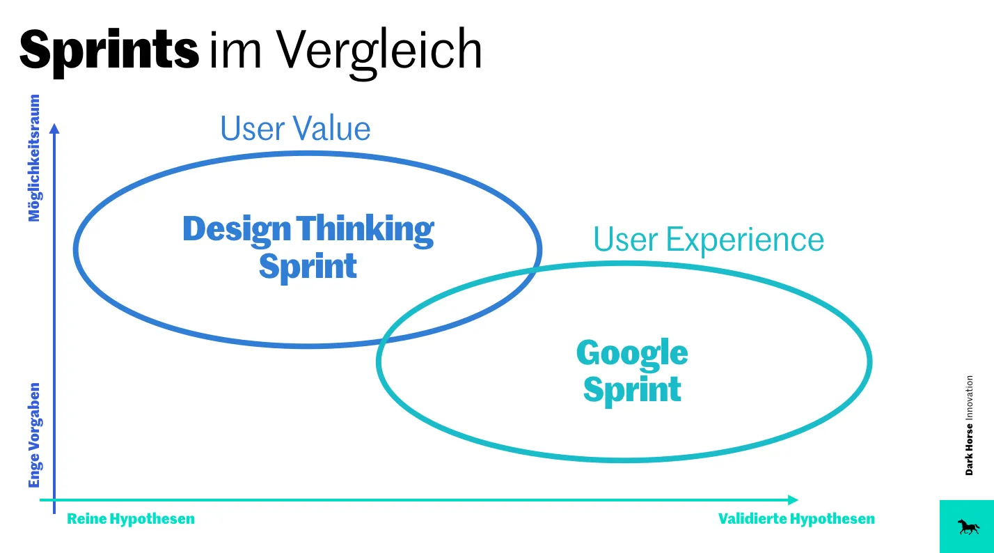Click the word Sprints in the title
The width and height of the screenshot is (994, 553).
(109, 51)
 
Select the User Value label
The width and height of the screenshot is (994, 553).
(295, 130)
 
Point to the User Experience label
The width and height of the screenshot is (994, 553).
(708, 240)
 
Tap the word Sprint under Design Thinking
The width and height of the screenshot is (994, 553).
(308, 267)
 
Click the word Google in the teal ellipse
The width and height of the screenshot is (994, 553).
(632, 354)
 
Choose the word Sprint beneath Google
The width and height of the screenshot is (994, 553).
(632, 390)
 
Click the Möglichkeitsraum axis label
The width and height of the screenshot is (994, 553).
(34, 158)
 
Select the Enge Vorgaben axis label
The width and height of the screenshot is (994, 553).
(34, 435)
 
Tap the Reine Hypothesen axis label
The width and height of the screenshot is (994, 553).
(131, 519)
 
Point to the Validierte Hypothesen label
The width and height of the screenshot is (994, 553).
(796, 519)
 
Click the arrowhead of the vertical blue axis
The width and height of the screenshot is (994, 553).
(54, 129)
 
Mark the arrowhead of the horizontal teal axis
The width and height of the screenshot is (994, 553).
(793, 500)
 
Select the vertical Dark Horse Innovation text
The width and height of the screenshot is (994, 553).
(969, 426)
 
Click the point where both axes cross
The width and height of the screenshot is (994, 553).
(54, 500)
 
